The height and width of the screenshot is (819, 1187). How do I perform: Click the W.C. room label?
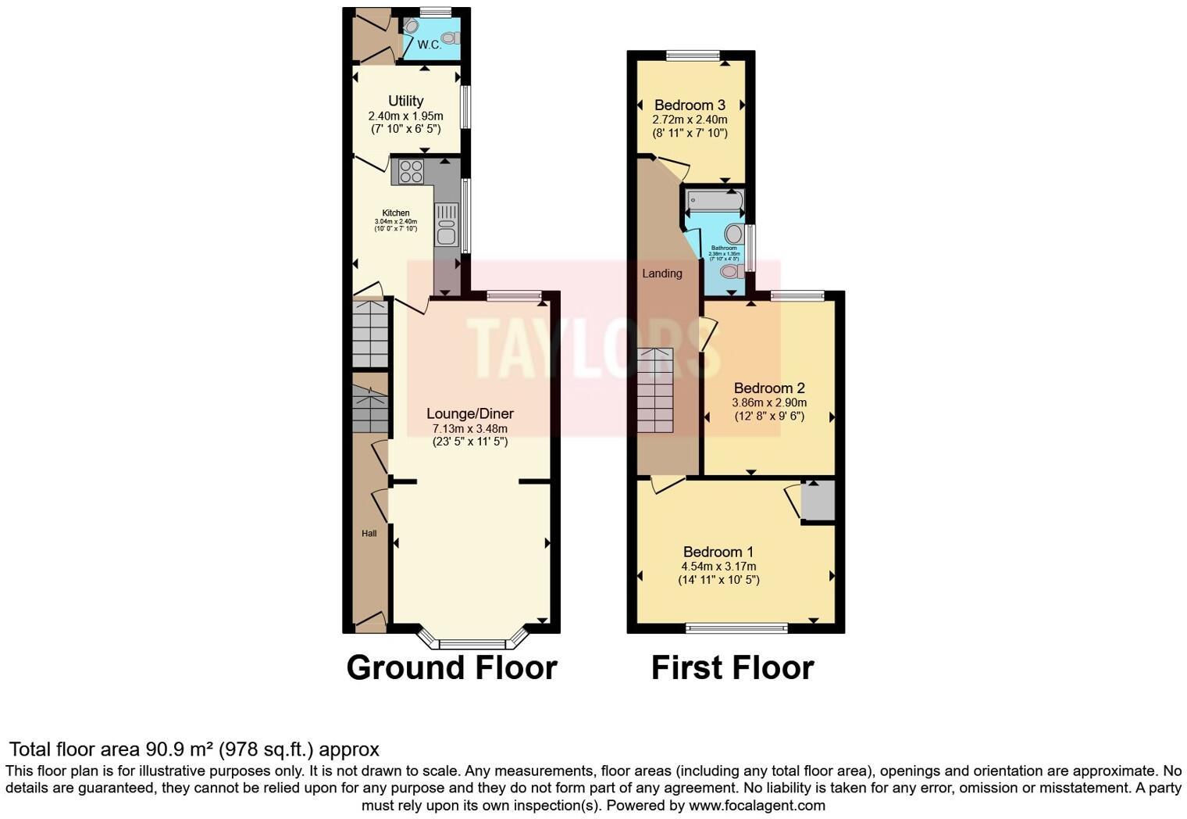pos(429,45)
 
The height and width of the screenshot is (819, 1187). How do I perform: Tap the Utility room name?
pos(406,101)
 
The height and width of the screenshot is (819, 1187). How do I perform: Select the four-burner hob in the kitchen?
pos(411,171)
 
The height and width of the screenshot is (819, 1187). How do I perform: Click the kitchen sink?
pos(447,233)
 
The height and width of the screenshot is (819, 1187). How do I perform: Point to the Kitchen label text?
pos(395,213)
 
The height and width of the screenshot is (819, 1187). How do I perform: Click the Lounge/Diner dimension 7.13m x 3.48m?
pos(470,428)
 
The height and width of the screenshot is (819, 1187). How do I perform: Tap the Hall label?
pos(369,534)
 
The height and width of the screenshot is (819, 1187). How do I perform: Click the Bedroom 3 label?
pos(690,105)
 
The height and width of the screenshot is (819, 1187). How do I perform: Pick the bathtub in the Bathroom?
pos(714,203)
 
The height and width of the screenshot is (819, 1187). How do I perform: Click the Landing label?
pos(661,274)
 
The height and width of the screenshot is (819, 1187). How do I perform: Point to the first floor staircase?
pos(654,391)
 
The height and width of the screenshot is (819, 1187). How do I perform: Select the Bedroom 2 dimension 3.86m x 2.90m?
pos(768,402)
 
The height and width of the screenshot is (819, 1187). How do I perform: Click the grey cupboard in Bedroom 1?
pos(818,501)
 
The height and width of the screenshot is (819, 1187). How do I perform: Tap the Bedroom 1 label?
pos(718,552)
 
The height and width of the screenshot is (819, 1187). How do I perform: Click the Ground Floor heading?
pos(451,668)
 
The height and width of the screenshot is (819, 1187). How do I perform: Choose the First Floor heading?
pos(732,668)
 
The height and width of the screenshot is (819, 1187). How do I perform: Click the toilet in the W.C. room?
pos(449,38)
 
